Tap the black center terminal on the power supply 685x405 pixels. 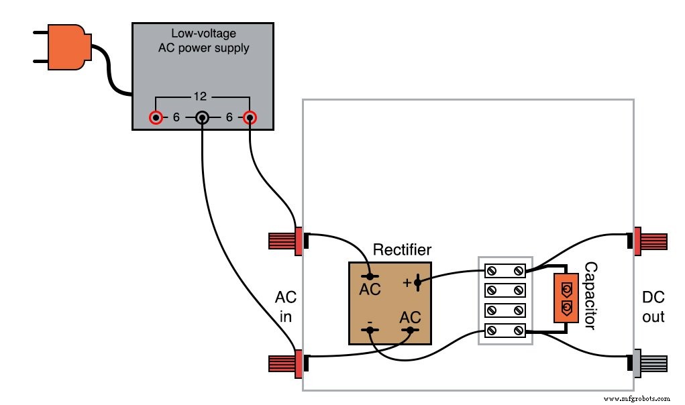tap(202, 119)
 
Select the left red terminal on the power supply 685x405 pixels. tap(156, 119)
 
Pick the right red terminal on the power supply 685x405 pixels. tap(249, 119)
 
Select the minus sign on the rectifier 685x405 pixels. tap(370, 321)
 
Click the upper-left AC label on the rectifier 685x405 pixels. tap(370, 290)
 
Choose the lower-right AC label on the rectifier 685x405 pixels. tap(410, 316)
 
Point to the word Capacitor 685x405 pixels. tap(590, 296)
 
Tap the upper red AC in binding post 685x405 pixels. tap(286, 241)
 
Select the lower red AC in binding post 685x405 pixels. tap(286, 363)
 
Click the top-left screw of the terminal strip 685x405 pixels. tap(491, 271)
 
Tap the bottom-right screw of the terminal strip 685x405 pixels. tap(519, 331)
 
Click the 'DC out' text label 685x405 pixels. tap(653, 306)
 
